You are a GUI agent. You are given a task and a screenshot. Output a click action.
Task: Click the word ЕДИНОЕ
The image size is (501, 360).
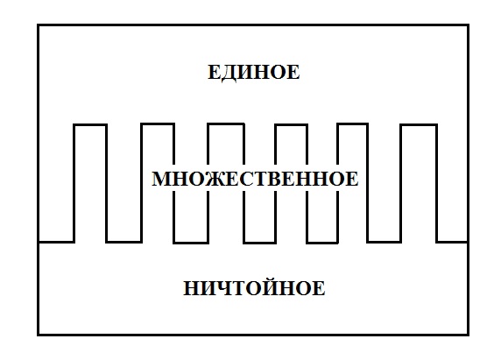click(254, 73)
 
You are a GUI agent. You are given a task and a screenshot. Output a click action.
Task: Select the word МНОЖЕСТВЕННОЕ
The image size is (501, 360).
click(255, 179)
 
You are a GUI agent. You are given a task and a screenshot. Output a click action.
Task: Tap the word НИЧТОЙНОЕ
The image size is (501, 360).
click(254, 287)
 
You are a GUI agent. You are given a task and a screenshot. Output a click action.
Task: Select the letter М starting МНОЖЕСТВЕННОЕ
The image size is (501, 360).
click(161, 179)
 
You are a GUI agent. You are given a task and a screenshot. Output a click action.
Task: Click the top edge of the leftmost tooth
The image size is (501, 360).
click(90, 124)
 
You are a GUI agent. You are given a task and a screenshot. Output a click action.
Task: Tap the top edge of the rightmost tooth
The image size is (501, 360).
click(419, 125)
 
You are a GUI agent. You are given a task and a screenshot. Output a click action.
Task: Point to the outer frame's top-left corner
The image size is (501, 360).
click(38, 25)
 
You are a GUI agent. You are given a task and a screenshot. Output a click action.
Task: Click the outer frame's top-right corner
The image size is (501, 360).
click(468, 25)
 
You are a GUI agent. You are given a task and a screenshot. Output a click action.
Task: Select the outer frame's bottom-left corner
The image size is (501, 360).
click(38, 335)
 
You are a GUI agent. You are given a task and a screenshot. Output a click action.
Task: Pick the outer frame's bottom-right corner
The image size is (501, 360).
click(468, 335)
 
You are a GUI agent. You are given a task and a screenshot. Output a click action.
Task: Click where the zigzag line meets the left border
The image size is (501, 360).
click(39, 242)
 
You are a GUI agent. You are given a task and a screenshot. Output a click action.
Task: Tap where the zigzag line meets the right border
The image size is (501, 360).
click(468, 242)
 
